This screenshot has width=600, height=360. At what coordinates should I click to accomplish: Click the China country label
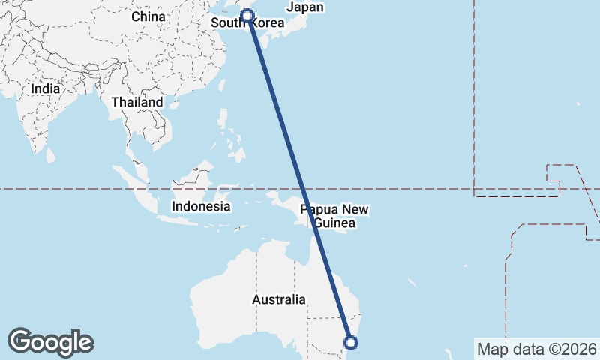tap(148, 16)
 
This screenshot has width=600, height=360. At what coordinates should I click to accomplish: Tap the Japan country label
tap(305, 7)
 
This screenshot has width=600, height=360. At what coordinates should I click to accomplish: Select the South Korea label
tap(247, 22)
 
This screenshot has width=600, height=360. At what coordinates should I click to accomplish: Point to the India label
tap(45, 88)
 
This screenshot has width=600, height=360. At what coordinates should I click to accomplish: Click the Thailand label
tap(136, 102)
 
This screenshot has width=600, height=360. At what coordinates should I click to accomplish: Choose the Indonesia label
tap(200, 206)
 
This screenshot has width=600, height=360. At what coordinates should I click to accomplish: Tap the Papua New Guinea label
tap(334, 217)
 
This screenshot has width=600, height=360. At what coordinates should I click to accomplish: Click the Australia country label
tap(278, 299)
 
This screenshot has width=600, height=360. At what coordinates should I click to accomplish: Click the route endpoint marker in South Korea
tap(247, 15)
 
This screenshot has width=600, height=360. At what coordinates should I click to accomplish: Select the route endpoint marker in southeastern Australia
tap(350, 343)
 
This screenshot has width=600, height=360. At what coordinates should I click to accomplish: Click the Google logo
tap(50, 342)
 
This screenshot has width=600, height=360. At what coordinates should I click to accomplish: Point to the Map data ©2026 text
tap(536, 349)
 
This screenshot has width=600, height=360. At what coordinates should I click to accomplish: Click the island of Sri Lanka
tap(50, 154)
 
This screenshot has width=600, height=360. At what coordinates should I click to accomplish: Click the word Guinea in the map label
tap(334, 223)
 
